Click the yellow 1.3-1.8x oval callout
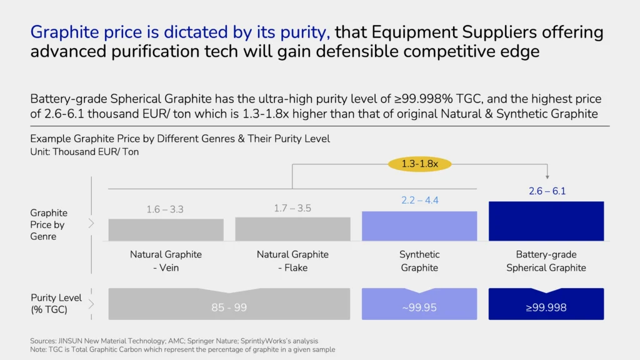pos(419,164)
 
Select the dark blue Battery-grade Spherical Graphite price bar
pos(546,221)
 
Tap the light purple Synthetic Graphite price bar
pos(419,226)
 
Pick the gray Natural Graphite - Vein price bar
pos(166,230)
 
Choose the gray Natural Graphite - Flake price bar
pos(292,229)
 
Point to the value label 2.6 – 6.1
pos(547,191)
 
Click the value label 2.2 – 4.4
pos(419,201)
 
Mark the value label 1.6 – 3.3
pos(165,209)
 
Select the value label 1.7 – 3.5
pos(292,208)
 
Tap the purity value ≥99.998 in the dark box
pos(546,307)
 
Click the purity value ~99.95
pos(419,307)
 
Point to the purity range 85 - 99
pos(229,307)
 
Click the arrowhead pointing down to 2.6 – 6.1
pos(547,177)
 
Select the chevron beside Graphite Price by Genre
pos(91,223)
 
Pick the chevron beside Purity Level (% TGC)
pos(91,304)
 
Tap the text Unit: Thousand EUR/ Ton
pos(84,152)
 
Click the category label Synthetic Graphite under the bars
pos(419,261)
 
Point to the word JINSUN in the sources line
pos(70,341)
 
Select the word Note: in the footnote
pos(38,349)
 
